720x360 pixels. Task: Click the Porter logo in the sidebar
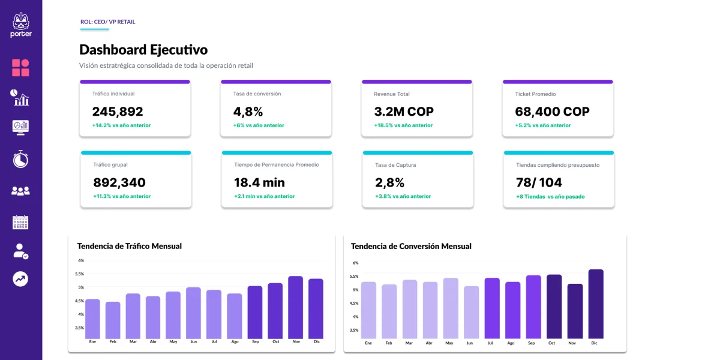(x=21, y=25)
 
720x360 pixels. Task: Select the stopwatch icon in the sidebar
(x=20, y=159)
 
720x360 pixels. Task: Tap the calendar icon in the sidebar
(x=20, y=223)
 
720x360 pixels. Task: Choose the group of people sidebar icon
(x=20, y=191)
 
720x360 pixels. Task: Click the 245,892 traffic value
(x=118, y=112)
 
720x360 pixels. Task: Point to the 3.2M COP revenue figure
(x=404, y=112)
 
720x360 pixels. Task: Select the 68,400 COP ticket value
(x=552, y=112)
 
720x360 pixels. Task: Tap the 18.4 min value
(x=259, y=182)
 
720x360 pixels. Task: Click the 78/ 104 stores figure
(x=539, y=182)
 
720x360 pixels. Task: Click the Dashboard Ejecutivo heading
(x=143, y=50)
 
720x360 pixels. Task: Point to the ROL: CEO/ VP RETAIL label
(x=108, y=22)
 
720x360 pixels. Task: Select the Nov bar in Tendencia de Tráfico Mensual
(x=296, y=307)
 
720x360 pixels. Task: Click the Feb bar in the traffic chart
(x=113, y=320)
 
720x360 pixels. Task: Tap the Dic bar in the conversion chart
(x=596, y=304)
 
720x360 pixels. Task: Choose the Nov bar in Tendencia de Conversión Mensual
(x=575, y=311)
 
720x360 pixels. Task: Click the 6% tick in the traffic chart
(x=81, y=260)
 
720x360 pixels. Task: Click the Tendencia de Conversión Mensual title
(x=411, y=246)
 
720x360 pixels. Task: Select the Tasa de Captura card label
(x=395, y=165)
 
